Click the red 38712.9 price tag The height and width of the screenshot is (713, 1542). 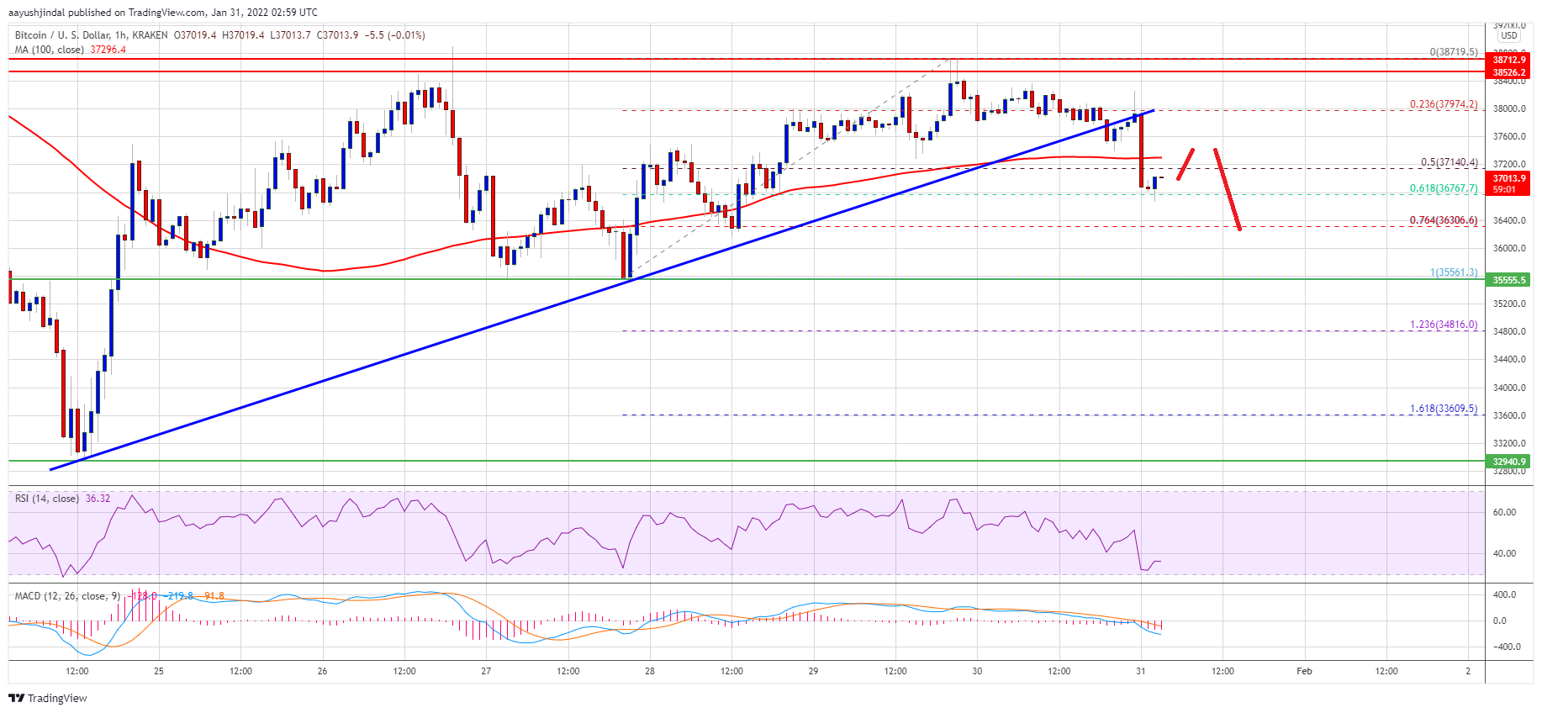click(x=1508, y=60)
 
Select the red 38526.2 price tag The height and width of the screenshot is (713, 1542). click(x=1508, y=72)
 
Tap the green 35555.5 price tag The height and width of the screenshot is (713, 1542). click(x=1508, y=280)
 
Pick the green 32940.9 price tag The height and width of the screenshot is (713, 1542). click(x=1508, y=462)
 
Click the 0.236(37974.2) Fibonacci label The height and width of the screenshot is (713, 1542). click(x=1443, y=105)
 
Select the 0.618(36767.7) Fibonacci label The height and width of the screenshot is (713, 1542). click(x=1443, y=188)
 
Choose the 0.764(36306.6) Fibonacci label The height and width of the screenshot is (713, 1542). click(x=1443, y=220)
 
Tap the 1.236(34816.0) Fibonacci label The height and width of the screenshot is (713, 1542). click(x=1443, y=325)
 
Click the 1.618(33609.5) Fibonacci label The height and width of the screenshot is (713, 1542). click(x=1443, y=409)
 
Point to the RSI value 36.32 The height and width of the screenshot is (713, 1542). click(x=98, y=499)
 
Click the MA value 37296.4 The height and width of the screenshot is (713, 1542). click(x=108, y=50)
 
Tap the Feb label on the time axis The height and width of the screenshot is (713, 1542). click(x=1304, y=671)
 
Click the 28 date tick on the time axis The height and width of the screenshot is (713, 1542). click(x=650, y=671)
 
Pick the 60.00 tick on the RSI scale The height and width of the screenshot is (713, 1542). click(x=1504, y=512)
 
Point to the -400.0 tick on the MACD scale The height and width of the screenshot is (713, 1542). click(x=1502, y=647)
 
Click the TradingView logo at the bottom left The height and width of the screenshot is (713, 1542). click(x=48, y=698)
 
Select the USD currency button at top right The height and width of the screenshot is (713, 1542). click(x=1509, y=35)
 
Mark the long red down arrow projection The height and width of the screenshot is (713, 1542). click(x=1228, y=188)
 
